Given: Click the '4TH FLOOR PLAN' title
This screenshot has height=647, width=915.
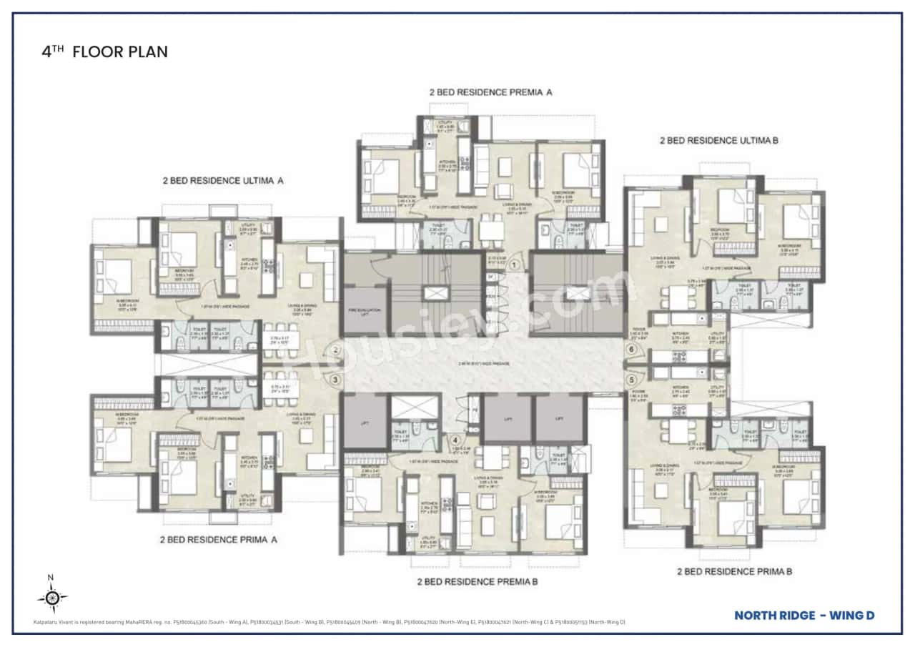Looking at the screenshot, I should (105, 52).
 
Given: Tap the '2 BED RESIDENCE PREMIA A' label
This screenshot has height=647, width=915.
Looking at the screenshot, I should (490, 92).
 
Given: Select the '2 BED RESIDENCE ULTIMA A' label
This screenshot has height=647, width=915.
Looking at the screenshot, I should (223, 181).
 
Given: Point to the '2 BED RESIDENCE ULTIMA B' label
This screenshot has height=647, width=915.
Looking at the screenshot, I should (718, 141).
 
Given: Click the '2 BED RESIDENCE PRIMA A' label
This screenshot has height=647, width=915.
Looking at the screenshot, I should (218, 540).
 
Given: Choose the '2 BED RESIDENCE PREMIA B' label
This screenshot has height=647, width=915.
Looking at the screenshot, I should (478, 582).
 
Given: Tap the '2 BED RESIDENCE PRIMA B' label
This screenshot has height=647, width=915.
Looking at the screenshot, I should (734, 571).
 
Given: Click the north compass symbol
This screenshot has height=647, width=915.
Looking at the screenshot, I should (51, 598).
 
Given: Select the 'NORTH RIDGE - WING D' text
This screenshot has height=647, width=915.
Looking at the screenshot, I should (804, 615).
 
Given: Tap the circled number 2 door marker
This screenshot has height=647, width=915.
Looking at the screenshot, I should (335, 350).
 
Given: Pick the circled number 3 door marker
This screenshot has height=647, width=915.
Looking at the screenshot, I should (335, 380).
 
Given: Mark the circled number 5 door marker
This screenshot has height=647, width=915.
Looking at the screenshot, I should (630, 380).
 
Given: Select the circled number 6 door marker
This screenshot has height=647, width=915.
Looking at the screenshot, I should (630, 350).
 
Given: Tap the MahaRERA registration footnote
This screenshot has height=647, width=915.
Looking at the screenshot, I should (329, 622).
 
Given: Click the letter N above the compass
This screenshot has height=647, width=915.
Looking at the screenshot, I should (50, 578).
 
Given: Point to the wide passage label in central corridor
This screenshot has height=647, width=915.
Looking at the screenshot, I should (484, 364).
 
